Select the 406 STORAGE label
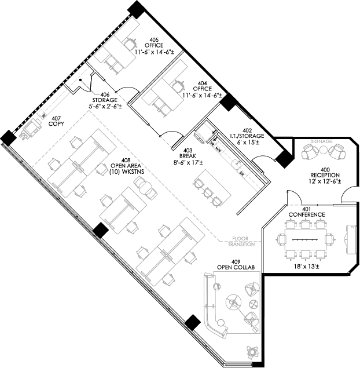tap(105, 100)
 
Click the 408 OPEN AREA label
tap(125, 166)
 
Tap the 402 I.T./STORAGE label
tap(247, 135)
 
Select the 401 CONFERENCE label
tap(306, 212)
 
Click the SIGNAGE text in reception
tap(322, 141)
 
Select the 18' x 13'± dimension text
tap(307, 267)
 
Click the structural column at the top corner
tap(135, 9)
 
